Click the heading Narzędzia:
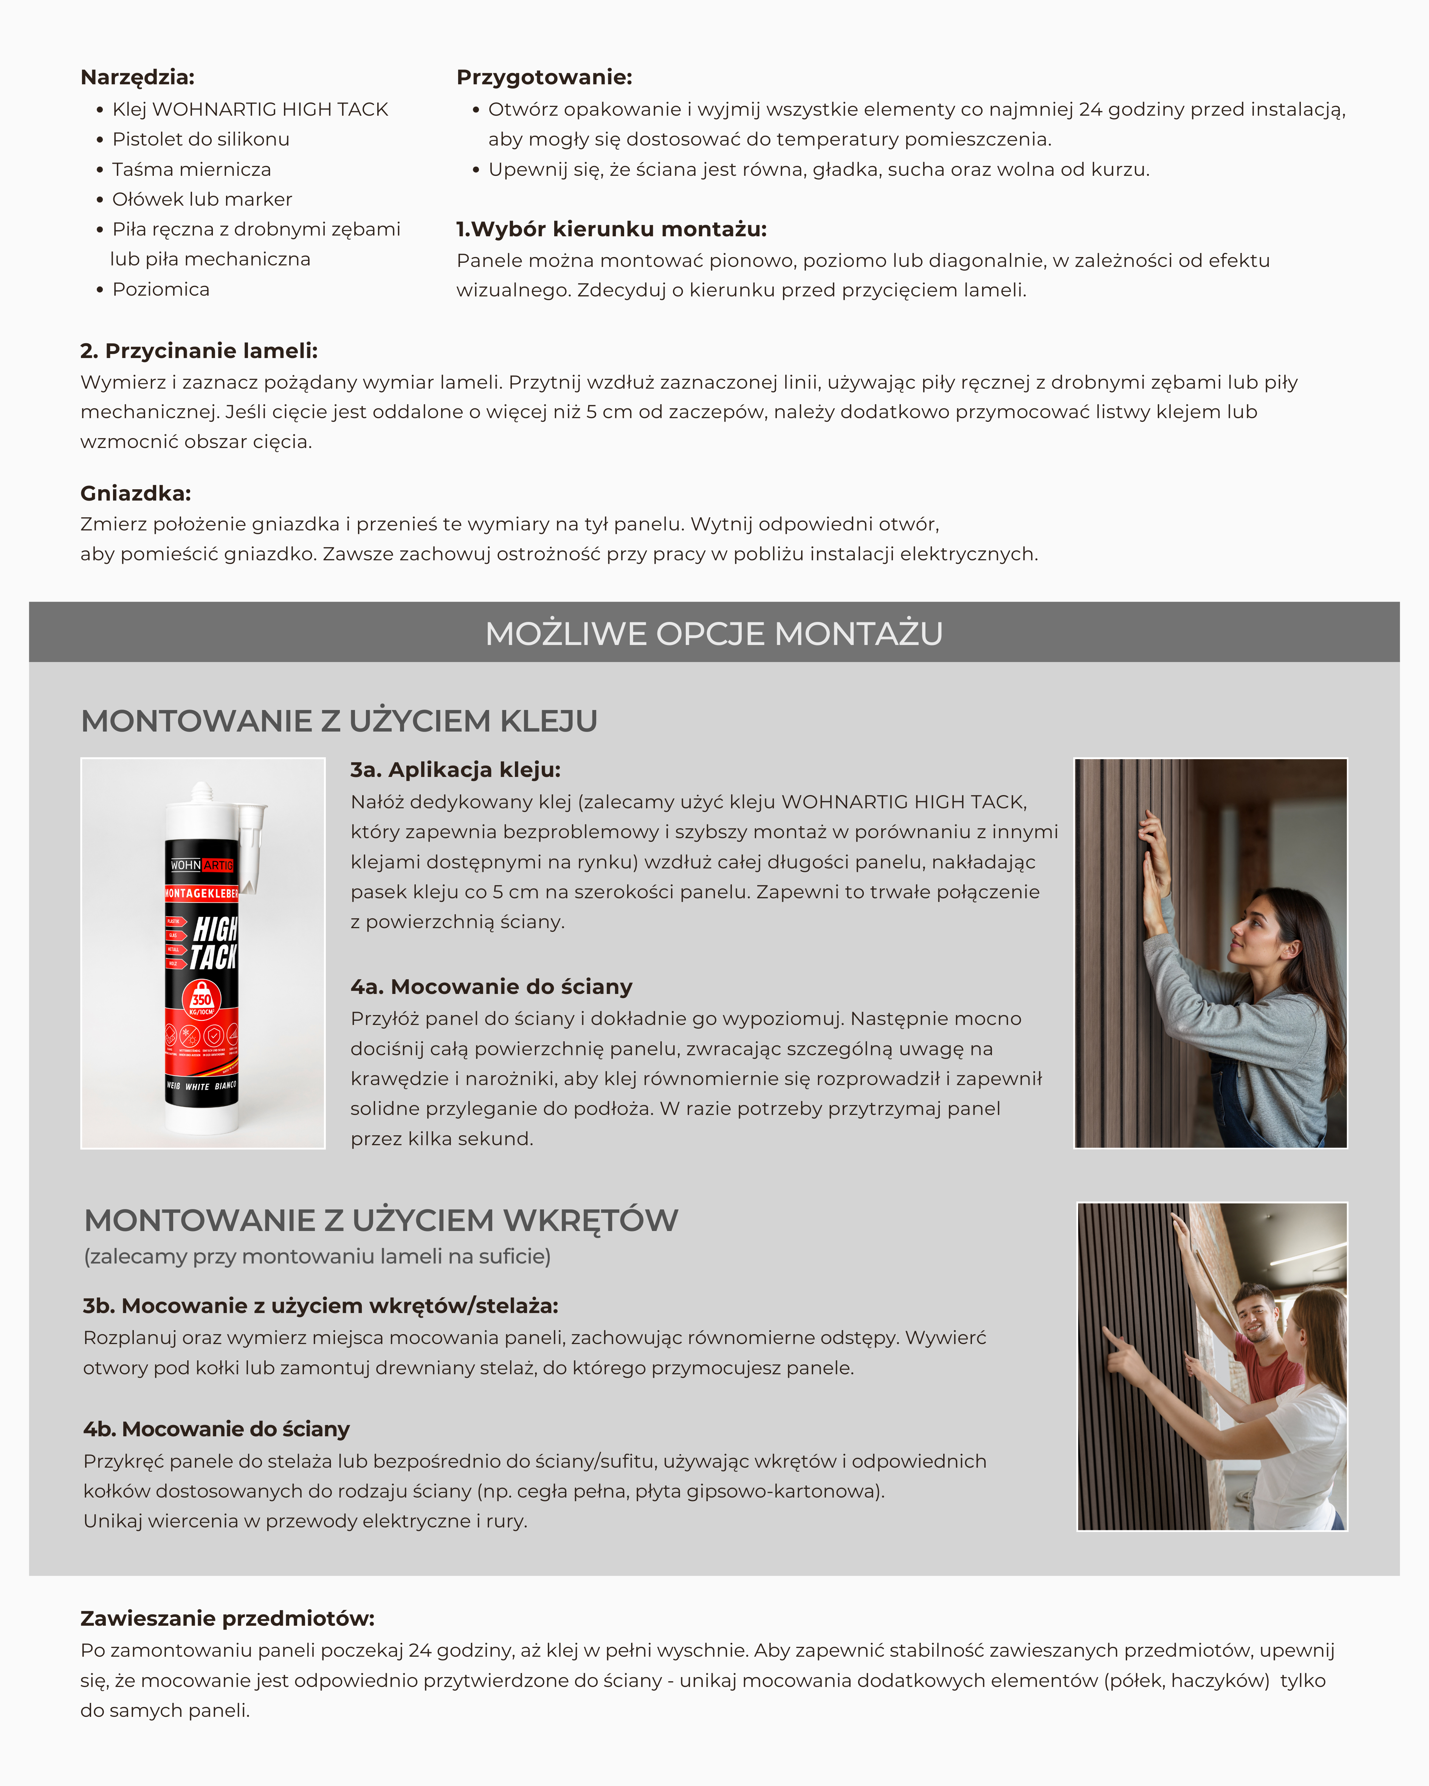(138, 78)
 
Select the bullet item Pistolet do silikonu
(200, 139)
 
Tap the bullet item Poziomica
(161, 289)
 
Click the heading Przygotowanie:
(544, 78)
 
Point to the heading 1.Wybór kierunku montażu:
(611, 229)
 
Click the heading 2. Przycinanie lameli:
(199, 351)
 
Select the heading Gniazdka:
(136, 494)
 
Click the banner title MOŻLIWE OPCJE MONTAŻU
(714, 634)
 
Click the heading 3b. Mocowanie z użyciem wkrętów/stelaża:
(321, 1306)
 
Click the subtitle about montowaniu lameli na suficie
(317, 1257)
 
